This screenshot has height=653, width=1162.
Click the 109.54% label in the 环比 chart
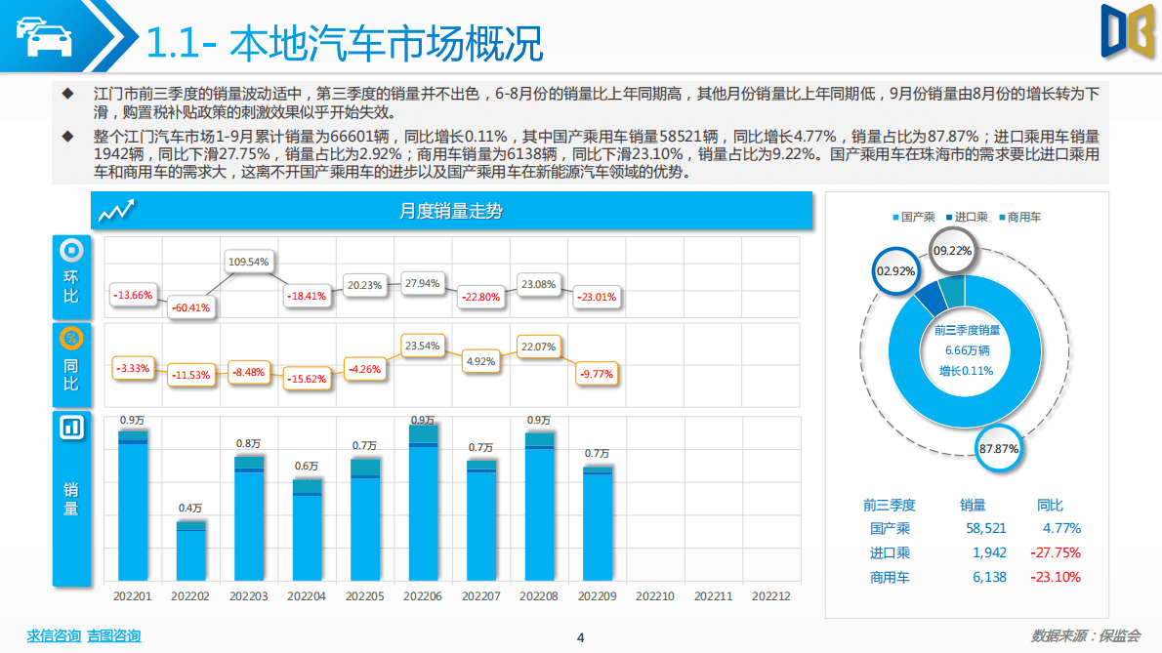point(248,262)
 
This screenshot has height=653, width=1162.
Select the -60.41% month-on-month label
point(190,307)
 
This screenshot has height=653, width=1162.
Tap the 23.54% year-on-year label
point(423,346)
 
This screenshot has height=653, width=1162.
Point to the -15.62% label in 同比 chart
point(307,379)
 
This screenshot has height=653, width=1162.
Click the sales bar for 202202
point(190,551)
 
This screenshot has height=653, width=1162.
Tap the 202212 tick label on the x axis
point(771,595)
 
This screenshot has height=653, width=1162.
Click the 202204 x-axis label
point(307,595)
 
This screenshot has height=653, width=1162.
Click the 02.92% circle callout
point(894,270)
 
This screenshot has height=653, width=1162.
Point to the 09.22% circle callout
point(952,251)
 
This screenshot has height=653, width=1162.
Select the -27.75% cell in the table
point(1056,552)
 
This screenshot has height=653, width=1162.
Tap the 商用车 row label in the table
point(890,577)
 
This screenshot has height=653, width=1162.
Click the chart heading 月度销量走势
point(451,211)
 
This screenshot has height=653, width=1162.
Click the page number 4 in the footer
point(580,637)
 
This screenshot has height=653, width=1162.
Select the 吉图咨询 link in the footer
point(113,635)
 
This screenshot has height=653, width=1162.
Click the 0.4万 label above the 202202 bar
point(190,508)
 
